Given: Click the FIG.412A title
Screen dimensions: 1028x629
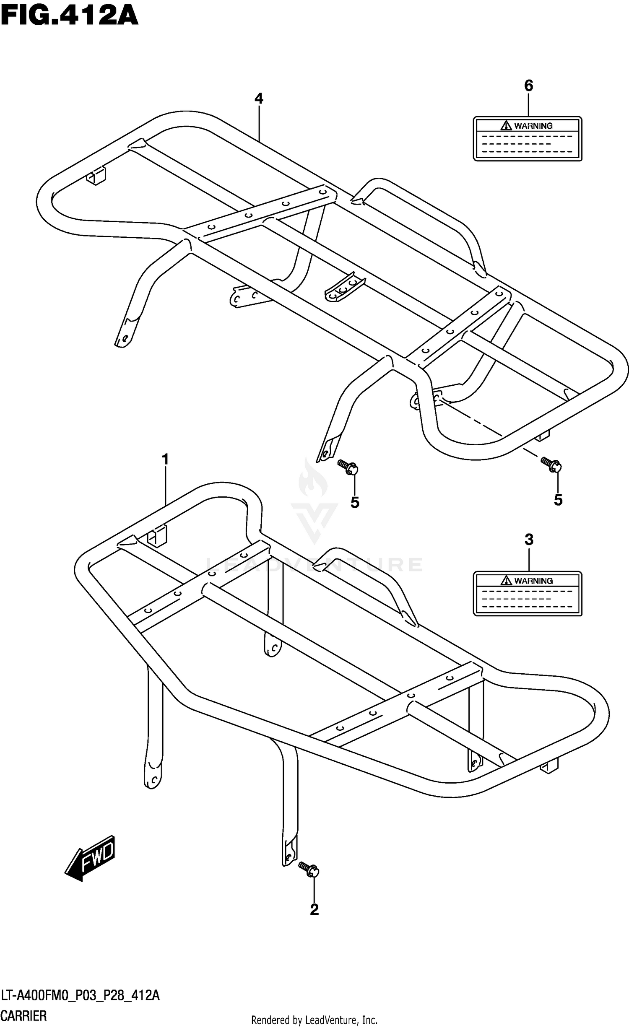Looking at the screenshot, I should tap(69, 16).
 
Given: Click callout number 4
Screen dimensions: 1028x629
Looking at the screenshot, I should tap(259, 99).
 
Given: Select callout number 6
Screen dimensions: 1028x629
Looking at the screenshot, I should tap(528, 86).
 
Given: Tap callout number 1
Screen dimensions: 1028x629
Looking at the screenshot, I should tap(165, 460).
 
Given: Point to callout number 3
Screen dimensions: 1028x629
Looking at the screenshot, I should tap(529, 540).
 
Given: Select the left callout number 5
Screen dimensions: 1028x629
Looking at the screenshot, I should tap(355, 502).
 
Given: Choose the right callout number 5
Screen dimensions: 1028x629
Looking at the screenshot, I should tap(558, 500).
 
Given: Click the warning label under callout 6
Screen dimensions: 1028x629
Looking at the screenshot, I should tap(528, 139).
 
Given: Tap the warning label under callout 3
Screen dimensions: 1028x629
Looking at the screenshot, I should tap(528, 594).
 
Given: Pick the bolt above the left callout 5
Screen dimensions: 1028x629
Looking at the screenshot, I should tap(348, 467).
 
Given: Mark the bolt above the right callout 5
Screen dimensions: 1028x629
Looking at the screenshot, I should tap(551, 465).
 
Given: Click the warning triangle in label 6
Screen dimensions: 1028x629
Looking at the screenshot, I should tap(506, 125).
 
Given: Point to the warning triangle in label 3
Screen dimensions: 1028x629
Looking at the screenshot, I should tap(506, 580).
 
